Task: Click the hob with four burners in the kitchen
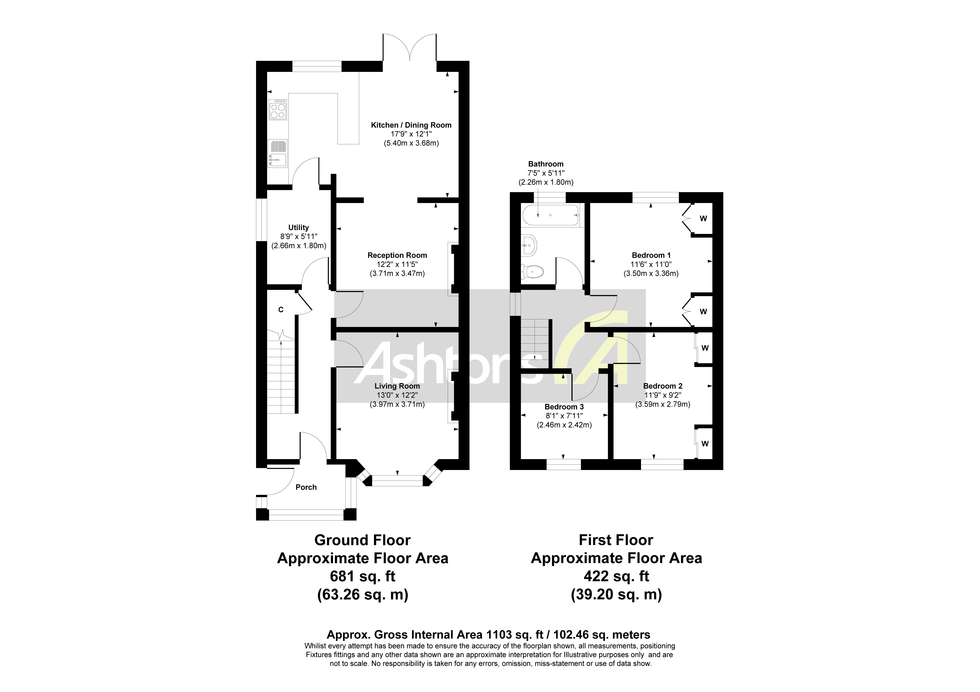pos(278,110)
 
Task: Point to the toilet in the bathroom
pos(532,271)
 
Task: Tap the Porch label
pos(306,487)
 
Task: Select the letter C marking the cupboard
pos(281,310)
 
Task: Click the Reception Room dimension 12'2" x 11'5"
pos(397,264)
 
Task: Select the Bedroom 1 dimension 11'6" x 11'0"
pos(651,264)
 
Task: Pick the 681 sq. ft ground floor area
pos(362,576)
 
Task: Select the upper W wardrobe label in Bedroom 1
pos(703,219)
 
